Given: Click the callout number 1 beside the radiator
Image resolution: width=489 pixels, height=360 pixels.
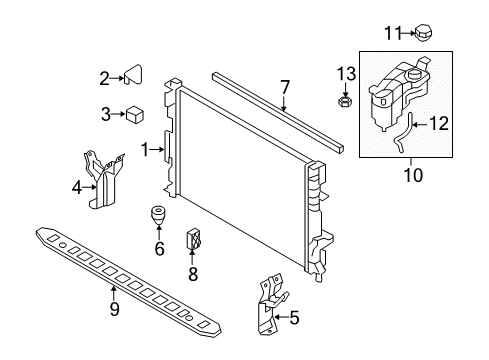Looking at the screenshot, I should coord(145,150).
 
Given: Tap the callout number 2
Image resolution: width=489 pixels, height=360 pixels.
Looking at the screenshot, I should coord(103,77).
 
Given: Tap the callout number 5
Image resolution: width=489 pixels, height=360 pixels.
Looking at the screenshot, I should coord(293,319).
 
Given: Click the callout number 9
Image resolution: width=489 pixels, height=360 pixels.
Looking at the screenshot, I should coord(114,309).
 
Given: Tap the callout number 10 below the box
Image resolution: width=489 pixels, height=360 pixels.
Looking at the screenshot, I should coord(412,176).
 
